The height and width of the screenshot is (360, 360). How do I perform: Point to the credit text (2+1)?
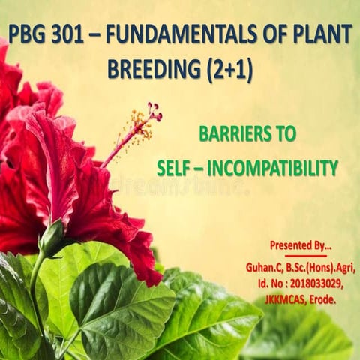click(x=228, y=69)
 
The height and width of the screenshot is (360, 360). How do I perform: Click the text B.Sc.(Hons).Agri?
click(x=322, y=268)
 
